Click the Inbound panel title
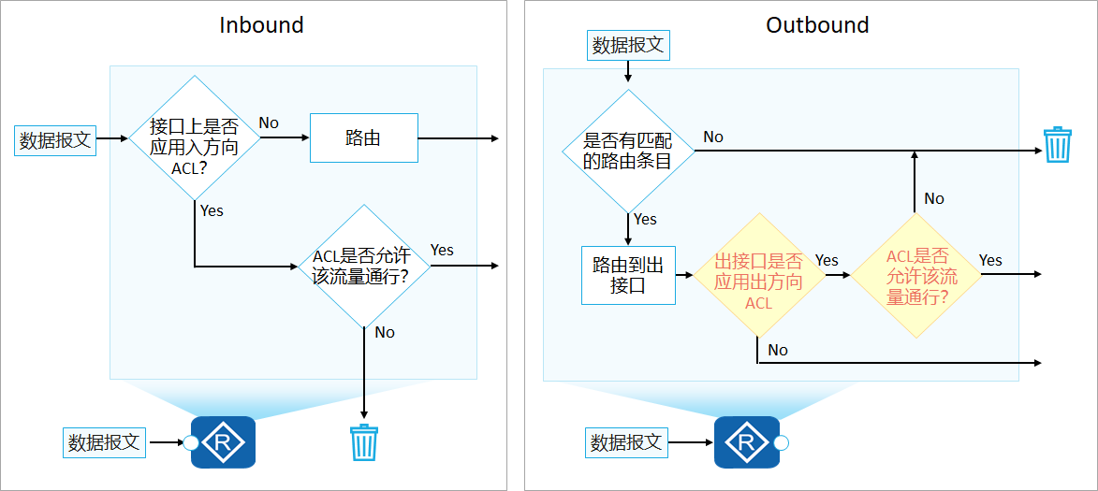point(261,25)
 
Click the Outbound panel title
point(817,25)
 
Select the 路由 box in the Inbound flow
point(363,138)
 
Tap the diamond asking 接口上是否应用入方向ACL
point(194,138)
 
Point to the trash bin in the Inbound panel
point(363,442)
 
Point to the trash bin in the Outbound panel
point(1057,145)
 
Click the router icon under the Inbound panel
point(223,442)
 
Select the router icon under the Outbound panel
point(746,442)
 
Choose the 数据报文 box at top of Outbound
point(628,44)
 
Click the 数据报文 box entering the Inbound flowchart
point(56,140)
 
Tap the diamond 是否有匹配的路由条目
point(628,151)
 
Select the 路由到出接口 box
point(628,276)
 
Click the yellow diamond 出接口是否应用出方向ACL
point(757,276)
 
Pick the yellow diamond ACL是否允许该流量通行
point(916,276)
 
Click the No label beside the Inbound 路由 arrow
point(269,123)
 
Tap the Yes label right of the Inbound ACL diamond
point(442,250)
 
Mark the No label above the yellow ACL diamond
point(934,198)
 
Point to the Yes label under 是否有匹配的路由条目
point(645,219)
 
